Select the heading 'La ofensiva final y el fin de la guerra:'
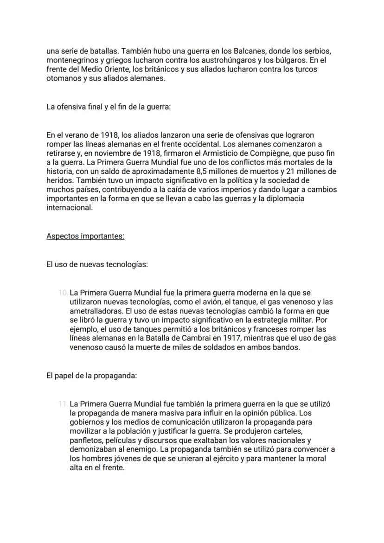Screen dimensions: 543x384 pyautogui.click(x=109, y=107)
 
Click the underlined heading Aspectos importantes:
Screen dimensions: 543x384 pyautogui.click(x=85, y=236)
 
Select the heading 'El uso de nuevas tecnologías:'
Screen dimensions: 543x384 pyautogui.click(x=97, y=265)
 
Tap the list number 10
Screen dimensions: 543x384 pyautogui.click(x=63, y=293)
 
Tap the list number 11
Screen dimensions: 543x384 pyautogui.click(x=63, y=404)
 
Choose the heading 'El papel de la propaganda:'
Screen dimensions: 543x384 pyautogui.click(x=91, y=376)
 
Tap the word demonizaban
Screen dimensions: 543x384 pyautogui.click(x=92, y=449)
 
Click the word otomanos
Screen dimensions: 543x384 pyautogui.click(x=62, y=78)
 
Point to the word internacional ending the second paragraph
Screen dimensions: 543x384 pyautogui.click(x=69, y=208)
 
